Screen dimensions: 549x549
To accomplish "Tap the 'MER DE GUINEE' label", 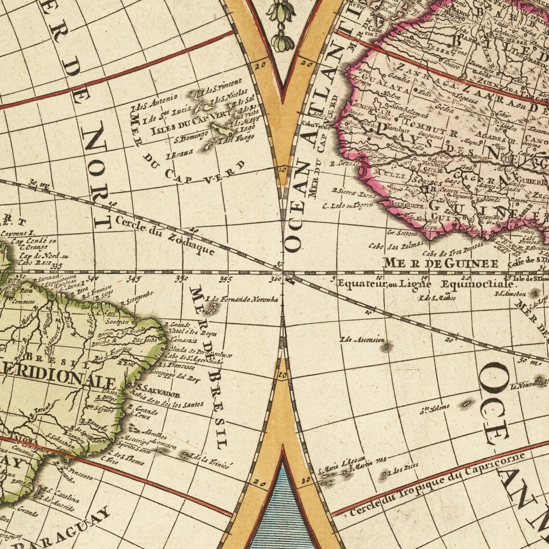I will [440, 263].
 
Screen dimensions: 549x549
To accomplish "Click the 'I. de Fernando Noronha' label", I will [242, 300].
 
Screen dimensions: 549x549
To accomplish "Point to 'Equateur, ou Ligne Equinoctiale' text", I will [419, 284].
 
